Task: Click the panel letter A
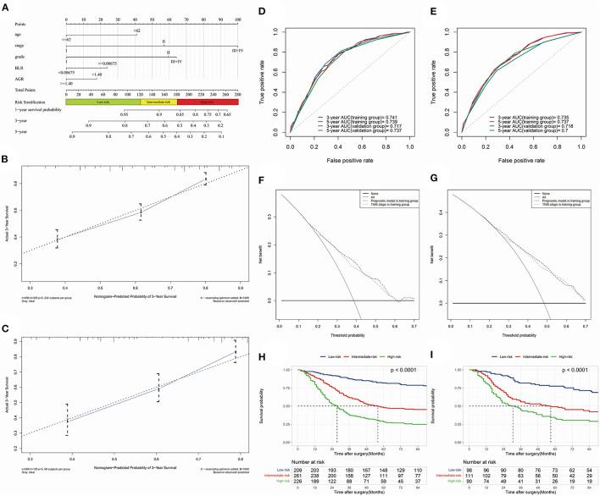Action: pos(7,8)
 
